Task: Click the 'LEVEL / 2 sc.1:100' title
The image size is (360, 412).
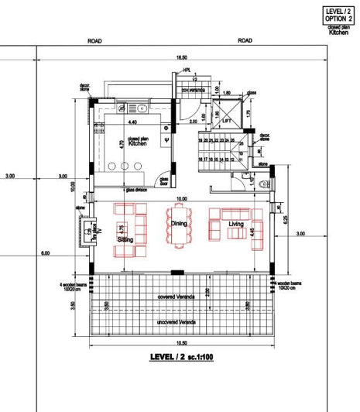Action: point(181,358)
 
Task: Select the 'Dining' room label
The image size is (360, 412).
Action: point(179,223)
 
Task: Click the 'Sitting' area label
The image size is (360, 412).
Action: point(125,240)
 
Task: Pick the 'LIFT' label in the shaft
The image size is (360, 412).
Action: point(226,121)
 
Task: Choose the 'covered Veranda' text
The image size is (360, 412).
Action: point(175,297)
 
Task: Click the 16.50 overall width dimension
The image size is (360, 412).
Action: point(181,58)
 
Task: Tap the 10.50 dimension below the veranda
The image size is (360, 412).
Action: point(181,343)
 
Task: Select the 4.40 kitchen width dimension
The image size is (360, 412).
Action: point(132,122)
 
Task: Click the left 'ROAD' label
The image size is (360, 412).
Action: point(95,40)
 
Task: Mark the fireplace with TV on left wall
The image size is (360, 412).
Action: point(87,232)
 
